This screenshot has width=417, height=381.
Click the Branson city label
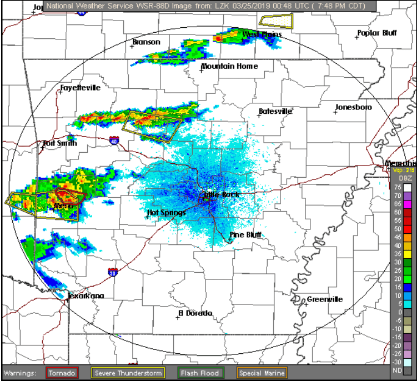(147, 42)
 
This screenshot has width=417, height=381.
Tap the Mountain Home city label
(229, 66)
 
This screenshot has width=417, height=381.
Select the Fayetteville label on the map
(81, 88)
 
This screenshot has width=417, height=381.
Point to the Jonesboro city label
(354, 107)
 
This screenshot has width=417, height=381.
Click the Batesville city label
(275, 112)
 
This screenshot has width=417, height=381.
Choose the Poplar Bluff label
(377, 33)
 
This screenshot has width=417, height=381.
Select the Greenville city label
(325, 299)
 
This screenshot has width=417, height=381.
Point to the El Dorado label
(195, 313)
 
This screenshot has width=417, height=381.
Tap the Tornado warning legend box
(62, 373)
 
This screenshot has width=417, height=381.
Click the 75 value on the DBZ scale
(398, 187)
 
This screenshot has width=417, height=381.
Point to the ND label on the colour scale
(398, 370)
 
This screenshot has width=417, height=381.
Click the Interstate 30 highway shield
(113, 272)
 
